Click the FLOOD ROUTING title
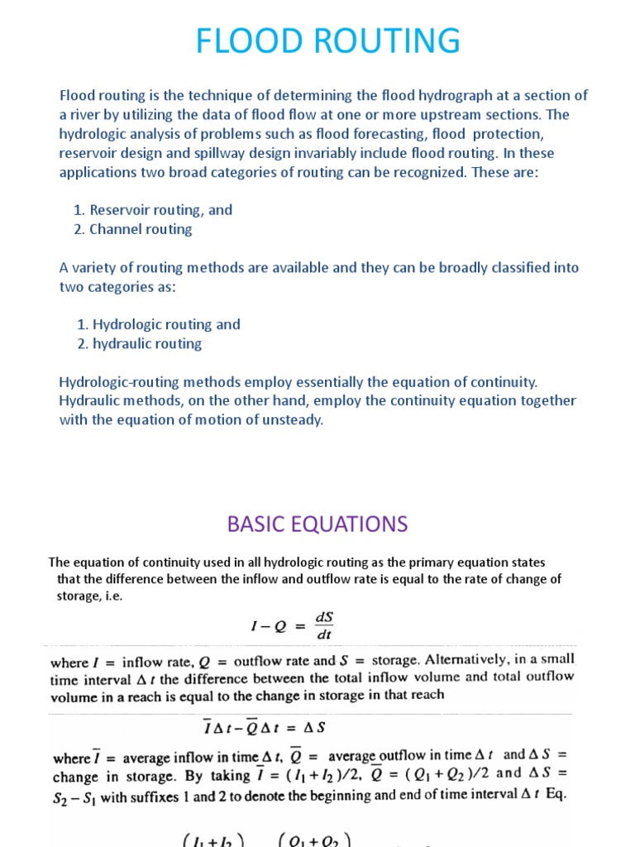click(x=317, y=41)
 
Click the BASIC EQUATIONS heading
click(x=317, y=524)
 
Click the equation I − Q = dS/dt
click(x=293, y=625)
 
